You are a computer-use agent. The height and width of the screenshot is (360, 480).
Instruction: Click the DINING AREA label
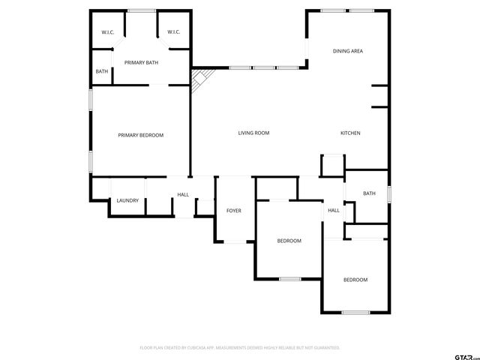pyautogui.click(x=348, y=51)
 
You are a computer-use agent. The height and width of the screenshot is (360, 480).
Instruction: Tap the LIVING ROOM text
pyautogui.click(x=253, y=133)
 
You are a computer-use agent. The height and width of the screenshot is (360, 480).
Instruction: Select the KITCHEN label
pyautogui.click(x=350, y=133)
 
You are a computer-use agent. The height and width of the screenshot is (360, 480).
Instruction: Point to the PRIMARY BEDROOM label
pyautogui.click(x=140, y=135)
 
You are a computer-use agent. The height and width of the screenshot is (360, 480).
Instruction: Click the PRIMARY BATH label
pyautogui.click(x=141, y=62)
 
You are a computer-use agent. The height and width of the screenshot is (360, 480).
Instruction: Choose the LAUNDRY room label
pyautogui.click(x=127, y=200)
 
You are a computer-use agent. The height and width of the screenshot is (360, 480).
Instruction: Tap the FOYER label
pyautogui.click(x=234, y=211)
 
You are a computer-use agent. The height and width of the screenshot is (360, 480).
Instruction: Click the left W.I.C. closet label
pyautogui.click(x=107, y=31)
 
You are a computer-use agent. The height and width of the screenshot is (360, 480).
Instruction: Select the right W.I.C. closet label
pyautogui.click(x=173, y=31)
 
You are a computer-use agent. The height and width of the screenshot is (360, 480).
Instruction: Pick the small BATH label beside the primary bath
pyautogui.click(x=101, y=72)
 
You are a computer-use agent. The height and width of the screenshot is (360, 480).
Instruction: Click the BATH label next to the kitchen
pyautogui.click(x=369, y=193)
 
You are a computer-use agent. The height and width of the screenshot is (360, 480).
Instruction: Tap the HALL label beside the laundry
pyautogui.click(x=183, y=195)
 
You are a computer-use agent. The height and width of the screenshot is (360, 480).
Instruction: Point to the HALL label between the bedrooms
pyautogui.click(x=333, y=210)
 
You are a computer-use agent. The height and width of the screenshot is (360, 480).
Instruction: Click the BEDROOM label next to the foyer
pyautogui.click(x=289, y=241)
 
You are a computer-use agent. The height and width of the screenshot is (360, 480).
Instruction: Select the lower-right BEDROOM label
pyautogui.click(x=355, y=280)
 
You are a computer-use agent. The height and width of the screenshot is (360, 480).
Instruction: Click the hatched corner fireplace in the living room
pyautogui.click(x=201, y=78)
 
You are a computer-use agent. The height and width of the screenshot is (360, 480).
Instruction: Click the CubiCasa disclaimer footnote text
pyautogui.click(x=240, y=348)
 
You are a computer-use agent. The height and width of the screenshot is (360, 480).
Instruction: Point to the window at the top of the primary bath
pyautogui.click(x=141, y=10)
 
